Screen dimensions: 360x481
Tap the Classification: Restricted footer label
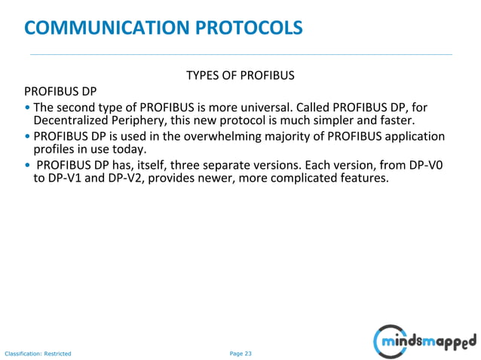click(38, 353)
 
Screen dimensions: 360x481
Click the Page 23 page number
click(240, 352)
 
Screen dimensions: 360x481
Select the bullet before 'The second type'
click(27, 107)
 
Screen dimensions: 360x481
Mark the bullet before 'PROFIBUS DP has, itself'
click(27, 165)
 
